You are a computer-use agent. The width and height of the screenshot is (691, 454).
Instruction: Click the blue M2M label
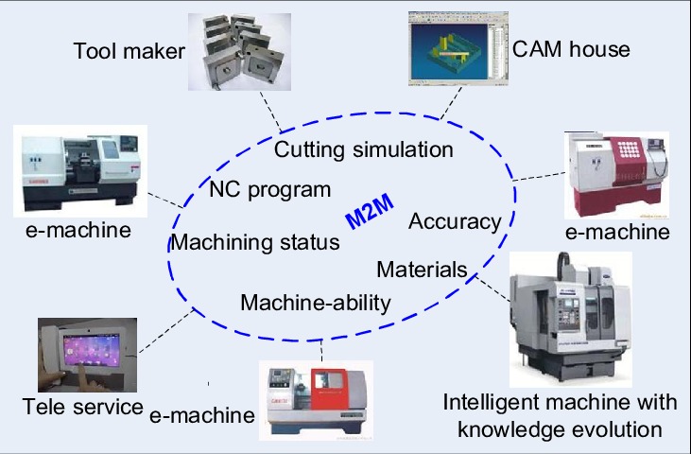point(369,214)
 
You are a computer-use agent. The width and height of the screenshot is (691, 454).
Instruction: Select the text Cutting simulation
point(364,149)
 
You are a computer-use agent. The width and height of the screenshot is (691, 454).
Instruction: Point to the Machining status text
point(255,242)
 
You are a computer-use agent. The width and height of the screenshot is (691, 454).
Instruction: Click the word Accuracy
point(455,221)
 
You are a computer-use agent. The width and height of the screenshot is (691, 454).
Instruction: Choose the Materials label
point(422,270)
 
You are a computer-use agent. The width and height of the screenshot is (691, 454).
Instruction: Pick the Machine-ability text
point(316,303)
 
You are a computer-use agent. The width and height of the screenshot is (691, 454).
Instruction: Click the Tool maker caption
point(129,50)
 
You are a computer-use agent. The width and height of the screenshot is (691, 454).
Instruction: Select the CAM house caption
point(571,47)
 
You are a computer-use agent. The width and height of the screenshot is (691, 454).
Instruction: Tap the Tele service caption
point(83,408)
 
